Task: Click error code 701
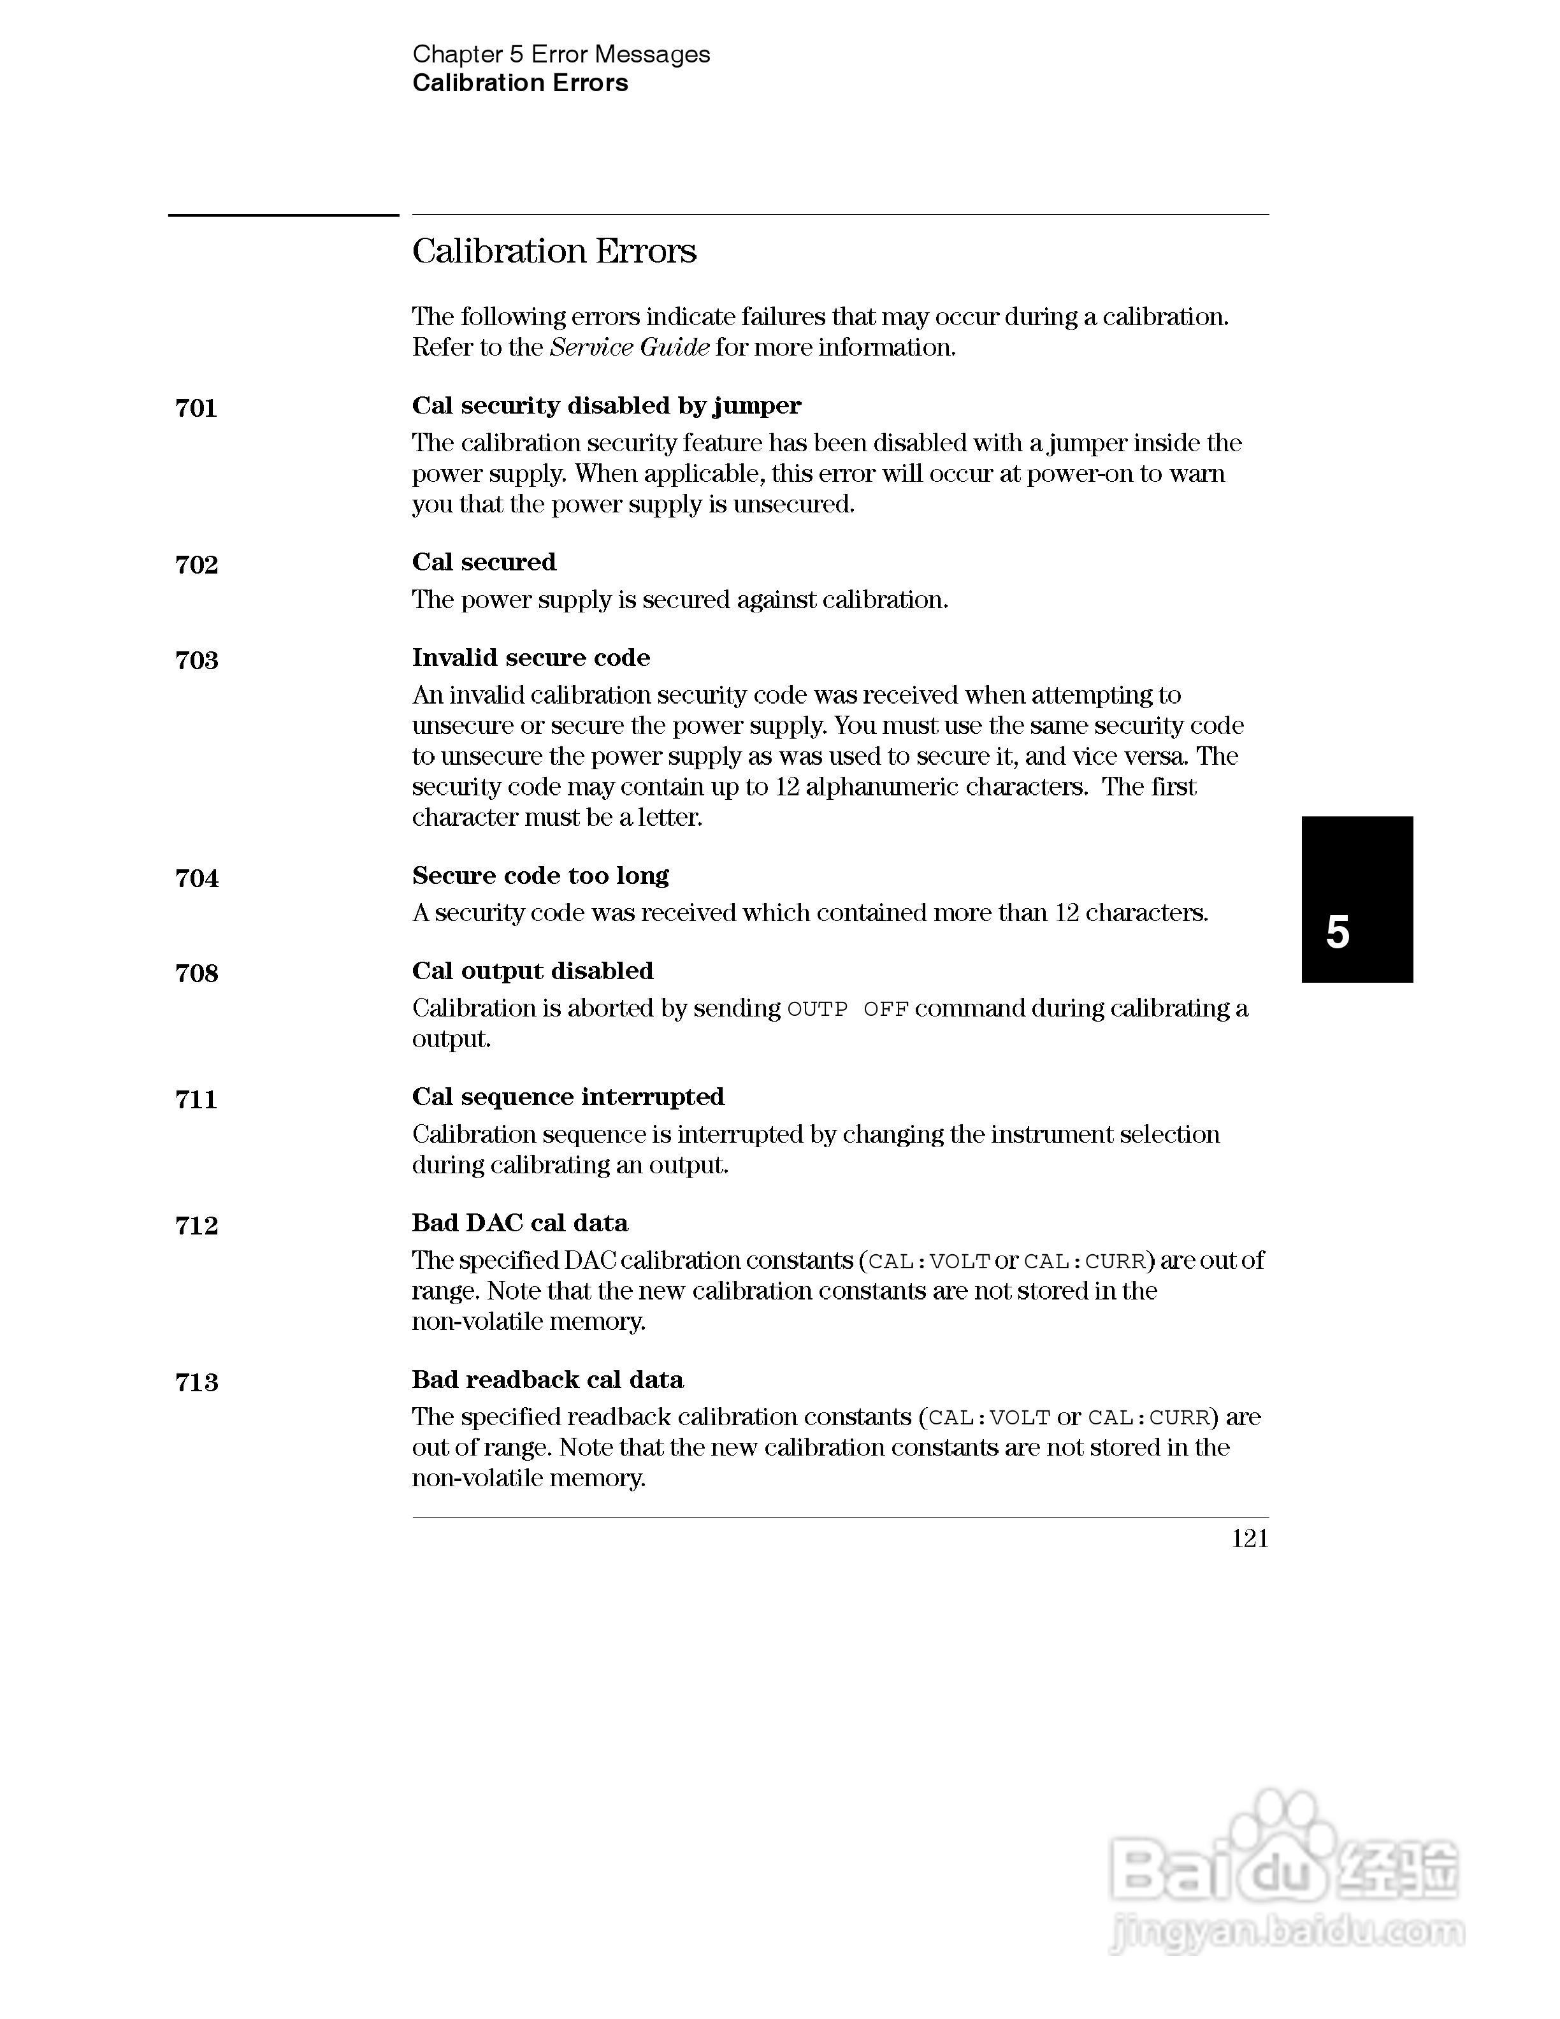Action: coord(196,408)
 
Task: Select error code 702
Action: coord(196,564)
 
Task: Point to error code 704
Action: coord(196,878)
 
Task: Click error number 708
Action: coord(196,973)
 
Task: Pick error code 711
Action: coord(196,1099)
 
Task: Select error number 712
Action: coord(196,1225)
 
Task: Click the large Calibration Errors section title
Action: coord(554,250)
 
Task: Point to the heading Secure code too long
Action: coord(540,876)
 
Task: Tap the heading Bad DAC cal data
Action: coord(519,1222)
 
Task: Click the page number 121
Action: coord(1250,1538)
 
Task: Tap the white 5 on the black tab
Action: coord(1337,932)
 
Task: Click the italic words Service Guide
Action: coord(630,347)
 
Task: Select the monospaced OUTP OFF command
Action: coord(848,1009)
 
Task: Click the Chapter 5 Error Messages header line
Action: coord(561,55)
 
